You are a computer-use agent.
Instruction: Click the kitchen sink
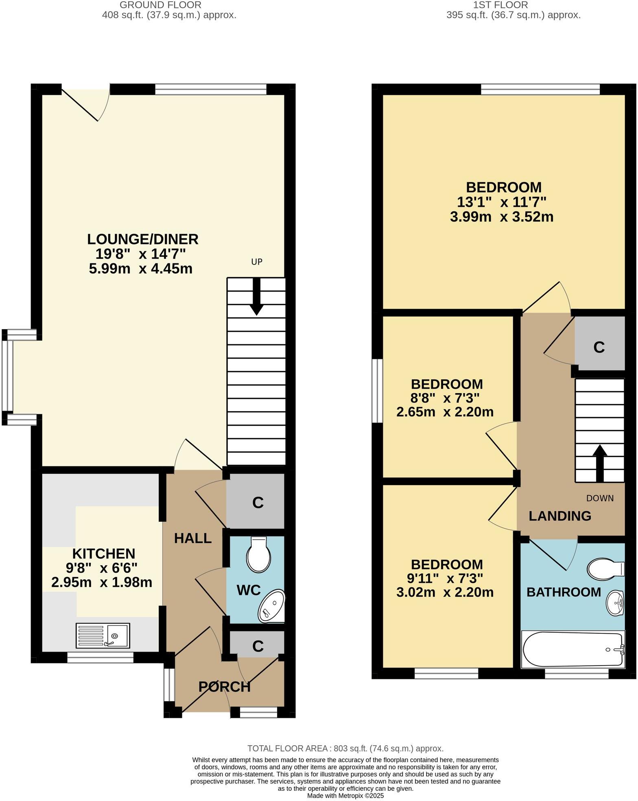click(103, 636)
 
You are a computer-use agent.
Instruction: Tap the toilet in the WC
click(259, 554)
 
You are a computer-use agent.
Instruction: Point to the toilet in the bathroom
click(605, 569)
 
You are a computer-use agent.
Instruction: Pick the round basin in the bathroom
click(615, 602)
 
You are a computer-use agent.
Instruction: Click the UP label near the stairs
click(257, 262)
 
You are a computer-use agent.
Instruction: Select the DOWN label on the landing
click(600, 498)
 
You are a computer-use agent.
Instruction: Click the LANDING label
click(560, 516)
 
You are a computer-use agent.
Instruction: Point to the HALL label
click(193, 538)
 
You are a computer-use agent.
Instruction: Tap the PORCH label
click(224, 687)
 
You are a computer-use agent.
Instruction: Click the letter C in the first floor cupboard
click(599, 347)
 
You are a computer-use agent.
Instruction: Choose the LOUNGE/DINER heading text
click(143, 239)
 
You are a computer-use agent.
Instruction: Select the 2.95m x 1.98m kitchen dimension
click(102, 582)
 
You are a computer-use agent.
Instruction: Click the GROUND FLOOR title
click(160, 5)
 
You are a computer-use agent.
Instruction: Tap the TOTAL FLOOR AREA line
click(345, 748)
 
